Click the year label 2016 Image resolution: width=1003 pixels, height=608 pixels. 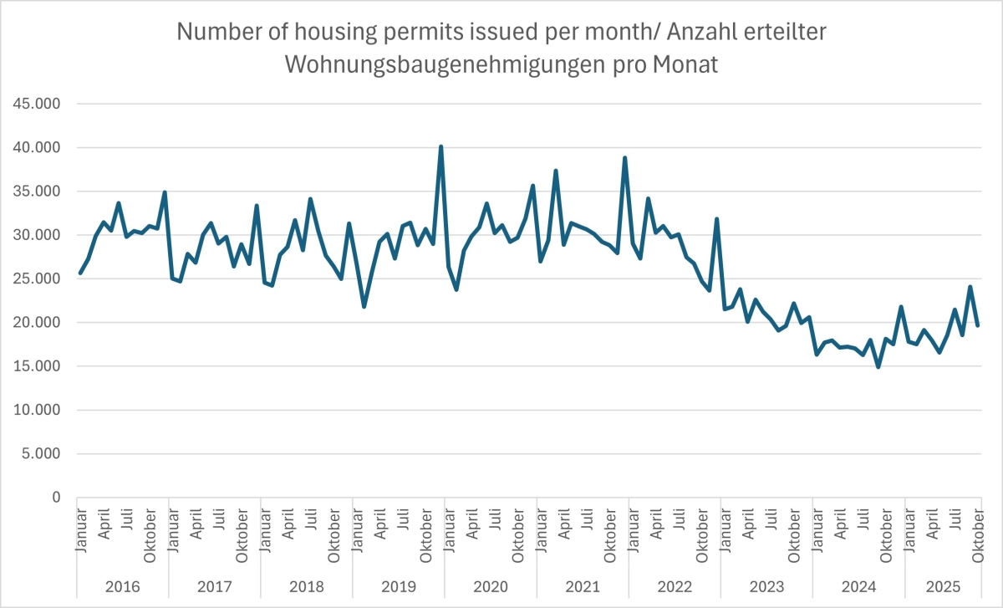pyautogui.click(x=122, y=586)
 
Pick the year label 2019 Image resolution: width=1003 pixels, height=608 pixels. pyautogui.click(x=398, y=586)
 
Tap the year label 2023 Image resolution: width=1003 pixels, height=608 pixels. pyautogui.click(x=766, y=586)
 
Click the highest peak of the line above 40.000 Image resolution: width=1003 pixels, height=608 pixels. pyautogui.click(x=440, y=147)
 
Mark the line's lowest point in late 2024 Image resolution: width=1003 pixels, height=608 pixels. pyautogui.click(x=878, y=366)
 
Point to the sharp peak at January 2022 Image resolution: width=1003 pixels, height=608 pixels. pyautogui.click(x=624, y=158)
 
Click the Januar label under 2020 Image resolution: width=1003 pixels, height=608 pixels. pyautogui.click(x=449, y=528)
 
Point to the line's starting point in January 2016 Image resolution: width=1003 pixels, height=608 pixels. pyautogui.click(x=80, y=273)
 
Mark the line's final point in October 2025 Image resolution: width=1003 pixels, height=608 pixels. pyautogui.click(x=977, y=325)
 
